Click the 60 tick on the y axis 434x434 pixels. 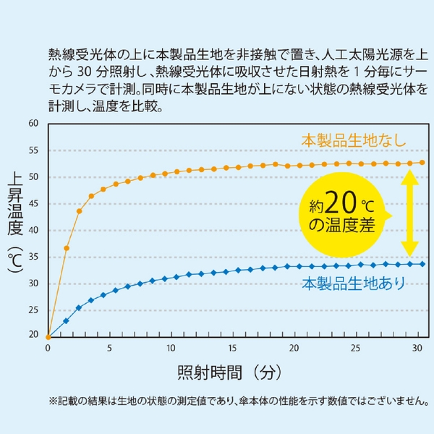click(x=33, y=124)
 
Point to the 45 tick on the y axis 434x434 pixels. click(x=33, y=204)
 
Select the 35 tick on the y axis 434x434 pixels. click(x=33, y=257)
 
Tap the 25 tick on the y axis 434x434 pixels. click(x=33, y=310)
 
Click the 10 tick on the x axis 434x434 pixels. click(x=171, y=348)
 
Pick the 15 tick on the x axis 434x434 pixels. click(x=232, y=348)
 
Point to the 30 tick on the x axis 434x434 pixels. click(x=417, y=348)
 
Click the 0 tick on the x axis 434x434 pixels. click(x=48, y=348)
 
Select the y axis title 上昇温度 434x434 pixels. click(x=15, y=210)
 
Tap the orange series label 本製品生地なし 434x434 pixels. click(x=354, y=140)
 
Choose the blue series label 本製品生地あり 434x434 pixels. click(x=354, y=283)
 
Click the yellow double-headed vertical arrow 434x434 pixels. click(x=410, y=213)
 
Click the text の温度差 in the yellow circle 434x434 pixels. click(x=341, y=225)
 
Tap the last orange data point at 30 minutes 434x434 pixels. click(x=422, y=163)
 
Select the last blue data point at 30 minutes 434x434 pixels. click(x=422, y=264)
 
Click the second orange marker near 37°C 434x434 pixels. click(x=67, y=248)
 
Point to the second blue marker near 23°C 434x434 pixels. click(x=67, y=320)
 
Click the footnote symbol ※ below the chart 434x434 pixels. click(x=53, y=400)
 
